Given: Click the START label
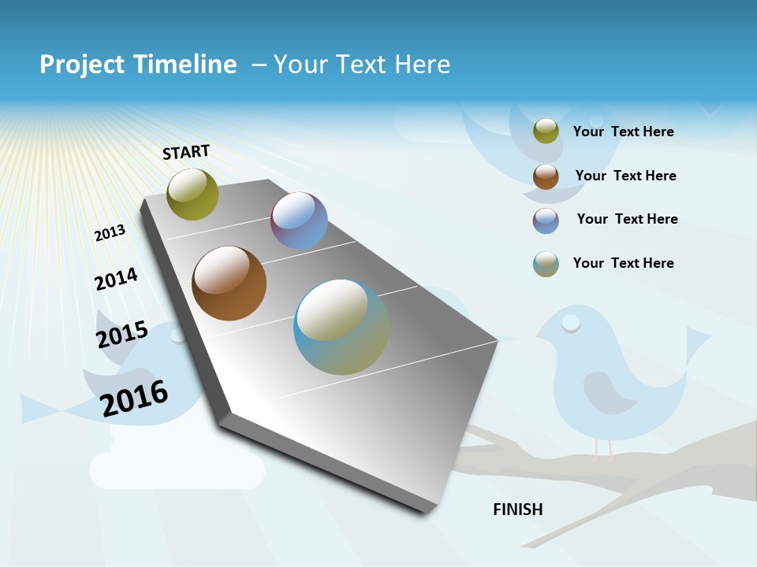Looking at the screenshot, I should click(x=186, y=152).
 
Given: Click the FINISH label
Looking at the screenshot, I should click(x=518, y=510).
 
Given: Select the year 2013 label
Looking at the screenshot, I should click(x=110, y=233).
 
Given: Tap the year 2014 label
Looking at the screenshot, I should click(x=116, y=280).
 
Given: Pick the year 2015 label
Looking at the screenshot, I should click(x=122, y=335).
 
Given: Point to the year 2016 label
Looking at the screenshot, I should click(x=135, y=398).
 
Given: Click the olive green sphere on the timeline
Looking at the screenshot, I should click(x=192, y=194).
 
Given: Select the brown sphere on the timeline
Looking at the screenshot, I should click(x=229, y=283).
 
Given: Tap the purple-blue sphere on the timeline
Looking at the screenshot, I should click(x=299, y=220).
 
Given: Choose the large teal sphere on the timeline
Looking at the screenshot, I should click(x=341, y=327).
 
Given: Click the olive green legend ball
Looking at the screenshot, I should click(x=546, y=132).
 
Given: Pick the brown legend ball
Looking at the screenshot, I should click(x=546, y=176).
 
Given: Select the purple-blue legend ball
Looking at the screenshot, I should click(x=546, y=220).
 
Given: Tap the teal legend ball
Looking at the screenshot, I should click(x=546, y=264).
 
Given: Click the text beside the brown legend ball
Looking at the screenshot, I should click(x=625, y=176).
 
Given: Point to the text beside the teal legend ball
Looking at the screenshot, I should click(x=623, y=263).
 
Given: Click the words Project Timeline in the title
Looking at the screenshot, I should click(x=138, y=65).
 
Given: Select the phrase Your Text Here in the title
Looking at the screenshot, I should click(x=362, y=65).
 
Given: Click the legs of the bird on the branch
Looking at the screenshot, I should click(x=602, y=447).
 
